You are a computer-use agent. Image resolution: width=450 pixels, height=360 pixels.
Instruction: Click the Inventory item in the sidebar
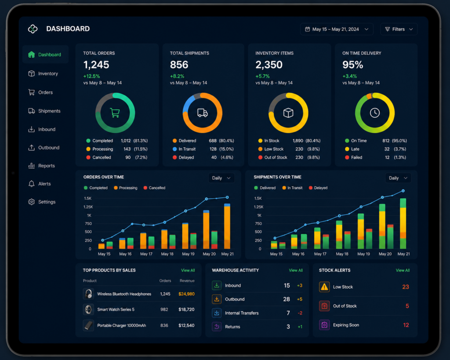[x=43, y=73]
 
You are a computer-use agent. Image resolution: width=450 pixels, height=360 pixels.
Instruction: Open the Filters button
[x=399, y=29]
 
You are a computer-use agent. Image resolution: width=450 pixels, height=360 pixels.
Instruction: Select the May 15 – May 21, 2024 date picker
[x=337, y=29]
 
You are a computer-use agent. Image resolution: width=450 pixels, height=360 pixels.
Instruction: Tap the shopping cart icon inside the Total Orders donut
[x=115, y=113]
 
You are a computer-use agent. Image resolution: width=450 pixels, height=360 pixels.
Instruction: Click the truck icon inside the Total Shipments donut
[x=202, y=113]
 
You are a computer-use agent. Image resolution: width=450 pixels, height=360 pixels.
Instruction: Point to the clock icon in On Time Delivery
[x=374, y=113]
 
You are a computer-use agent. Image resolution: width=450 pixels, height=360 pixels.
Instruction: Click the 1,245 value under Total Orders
[x=96, y=65]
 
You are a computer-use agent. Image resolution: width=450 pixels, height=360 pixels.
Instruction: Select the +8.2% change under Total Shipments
[x=177, y=76]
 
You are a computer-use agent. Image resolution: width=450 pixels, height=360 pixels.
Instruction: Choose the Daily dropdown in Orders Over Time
[x=221, y=178]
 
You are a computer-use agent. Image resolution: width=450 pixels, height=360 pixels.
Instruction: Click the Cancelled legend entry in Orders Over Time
[x=154, y=188]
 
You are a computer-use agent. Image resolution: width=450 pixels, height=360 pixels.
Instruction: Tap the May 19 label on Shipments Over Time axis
[x=363, y=254]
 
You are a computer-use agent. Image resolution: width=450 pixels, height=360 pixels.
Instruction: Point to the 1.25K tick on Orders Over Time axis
[x=88, y=207]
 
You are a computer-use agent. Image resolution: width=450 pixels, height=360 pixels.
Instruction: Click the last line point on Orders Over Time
[x=227, y=197]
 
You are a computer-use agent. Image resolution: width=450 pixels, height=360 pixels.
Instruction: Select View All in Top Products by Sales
[x=188, y=270]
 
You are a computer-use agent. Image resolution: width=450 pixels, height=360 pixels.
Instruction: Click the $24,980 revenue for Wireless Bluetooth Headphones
[x=186, y=294]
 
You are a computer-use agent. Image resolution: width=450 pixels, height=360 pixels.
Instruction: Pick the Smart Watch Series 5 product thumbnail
[x=88, y=309]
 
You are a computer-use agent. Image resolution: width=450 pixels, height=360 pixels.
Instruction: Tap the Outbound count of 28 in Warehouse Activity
[x=287, y=299]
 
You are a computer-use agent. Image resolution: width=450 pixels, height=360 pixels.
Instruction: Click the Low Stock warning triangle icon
[x=324, y=287]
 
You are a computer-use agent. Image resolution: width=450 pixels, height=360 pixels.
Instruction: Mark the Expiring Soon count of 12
[x=406, y=325]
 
